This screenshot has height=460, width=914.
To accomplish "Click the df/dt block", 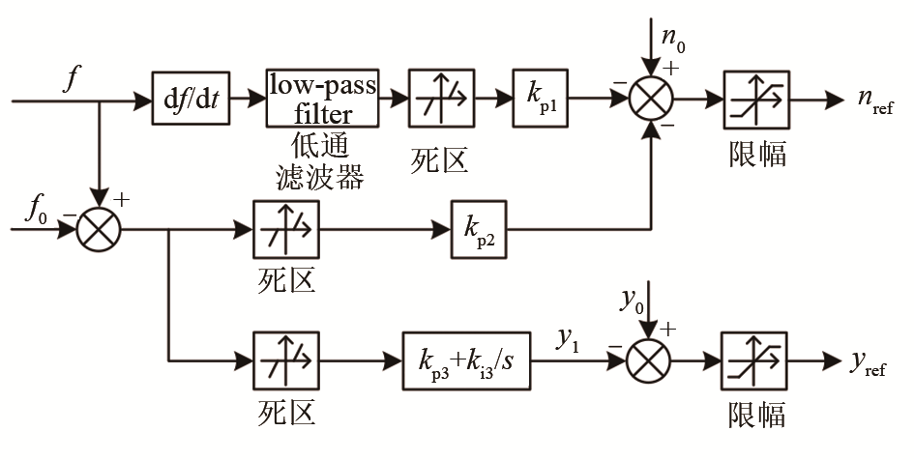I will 193,99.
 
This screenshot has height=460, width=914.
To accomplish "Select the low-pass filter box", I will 322,98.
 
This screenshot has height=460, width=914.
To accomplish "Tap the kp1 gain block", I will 542,98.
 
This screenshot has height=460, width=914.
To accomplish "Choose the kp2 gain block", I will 479,231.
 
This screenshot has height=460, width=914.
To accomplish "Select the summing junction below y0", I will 651,361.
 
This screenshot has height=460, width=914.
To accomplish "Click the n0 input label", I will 671,40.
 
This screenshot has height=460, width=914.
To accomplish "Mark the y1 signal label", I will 569,339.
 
